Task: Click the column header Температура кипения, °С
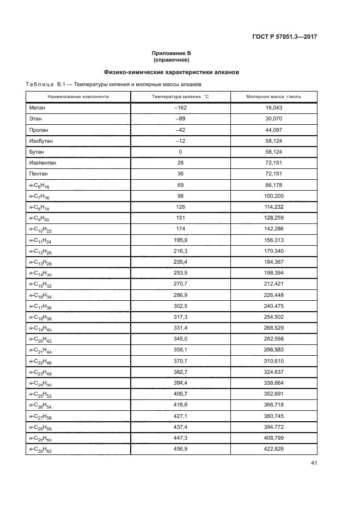pos(180,96)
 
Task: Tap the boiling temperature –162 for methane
pos(180,108)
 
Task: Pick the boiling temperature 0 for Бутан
pos(180,151)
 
